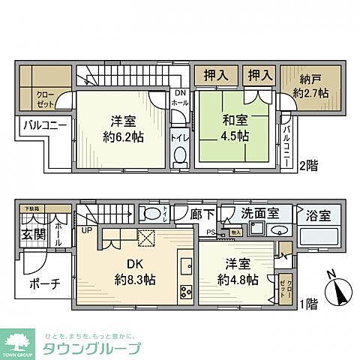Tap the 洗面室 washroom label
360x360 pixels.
pos(261,214)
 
